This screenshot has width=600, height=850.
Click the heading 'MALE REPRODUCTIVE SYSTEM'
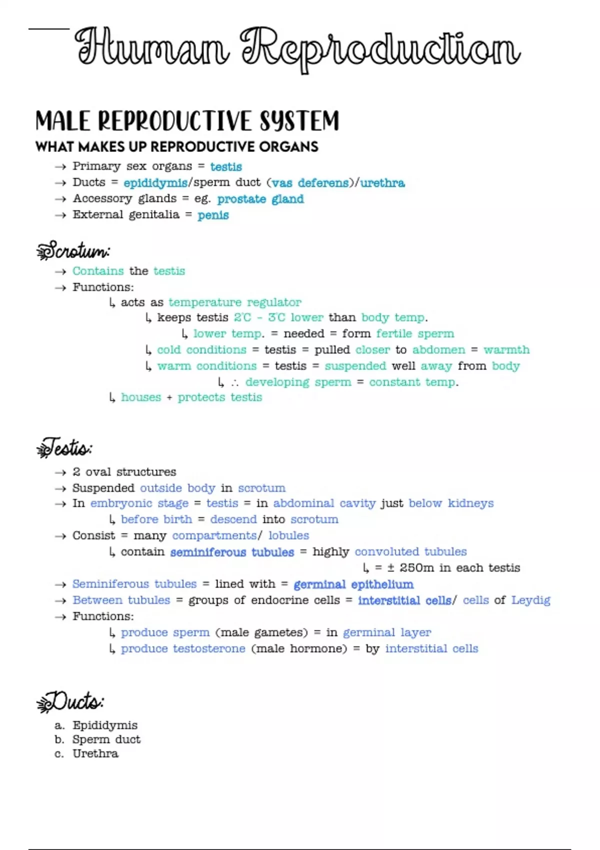point(187,121)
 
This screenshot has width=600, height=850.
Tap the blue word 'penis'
point(213,215)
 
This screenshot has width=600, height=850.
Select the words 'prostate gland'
point(260,199)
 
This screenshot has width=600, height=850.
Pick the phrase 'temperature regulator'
point(235,302)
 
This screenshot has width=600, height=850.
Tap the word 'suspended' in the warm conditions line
point(355,366)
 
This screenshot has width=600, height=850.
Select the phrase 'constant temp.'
point(413,382)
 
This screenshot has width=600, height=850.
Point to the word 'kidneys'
point(470,503)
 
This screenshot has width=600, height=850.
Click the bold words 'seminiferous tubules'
point(232,552)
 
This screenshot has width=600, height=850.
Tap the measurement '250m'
point(416,568)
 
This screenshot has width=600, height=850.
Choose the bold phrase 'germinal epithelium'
point(353,584)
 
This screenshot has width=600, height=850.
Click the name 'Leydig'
point(530,600)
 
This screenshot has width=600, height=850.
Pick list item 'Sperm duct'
point(106,739)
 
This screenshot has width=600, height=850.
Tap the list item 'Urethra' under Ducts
point(95,754)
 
